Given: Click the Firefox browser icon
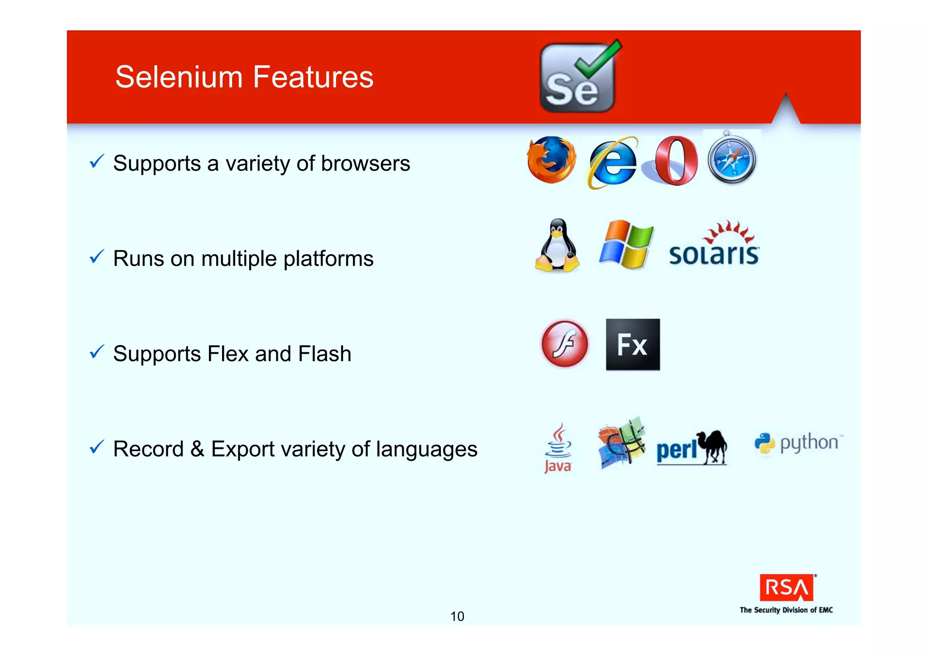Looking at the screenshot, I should pos(551,160).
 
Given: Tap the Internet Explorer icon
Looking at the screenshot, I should pos(612,162).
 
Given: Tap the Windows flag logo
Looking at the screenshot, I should pos(626,245).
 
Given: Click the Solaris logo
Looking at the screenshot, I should pos(714,245).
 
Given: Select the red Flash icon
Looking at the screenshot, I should pos(565,343).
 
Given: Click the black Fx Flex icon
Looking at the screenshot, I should pos(633,344).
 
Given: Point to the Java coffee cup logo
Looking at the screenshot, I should pos(558,448).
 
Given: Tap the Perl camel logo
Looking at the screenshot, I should pos(691,448).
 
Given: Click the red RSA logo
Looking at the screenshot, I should pos(787,588).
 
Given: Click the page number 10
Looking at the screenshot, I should pos(457,616).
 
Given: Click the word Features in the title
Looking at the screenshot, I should pos(313,77).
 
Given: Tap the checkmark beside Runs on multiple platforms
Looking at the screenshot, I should pos(97,256).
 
